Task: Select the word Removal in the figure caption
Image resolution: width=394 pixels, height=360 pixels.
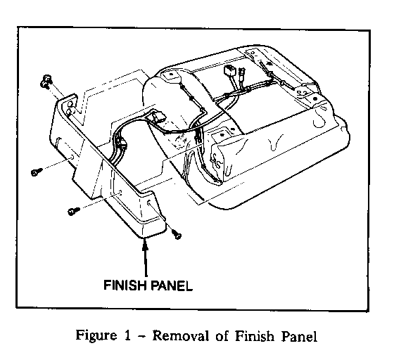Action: point(180,335)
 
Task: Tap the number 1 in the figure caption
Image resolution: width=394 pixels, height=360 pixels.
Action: point(127,335)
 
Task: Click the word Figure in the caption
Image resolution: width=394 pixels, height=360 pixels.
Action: point(96,336)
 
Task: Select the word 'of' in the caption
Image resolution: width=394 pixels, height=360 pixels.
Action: point(222,335)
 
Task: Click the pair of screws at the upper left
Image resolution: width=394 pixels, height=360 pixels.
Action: point(46,81)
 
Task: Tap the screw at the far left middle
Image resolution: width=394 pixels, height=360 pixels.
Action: point(36,172)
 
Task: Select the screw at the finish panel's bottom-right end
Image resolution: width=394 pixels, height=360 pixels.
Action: point(177,235)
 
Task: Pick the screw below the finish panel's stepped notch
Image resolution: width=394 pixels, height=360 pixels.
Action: point(73,211)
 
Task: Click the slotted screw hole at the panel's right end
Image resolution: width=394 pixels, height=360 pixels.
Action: point(148,202)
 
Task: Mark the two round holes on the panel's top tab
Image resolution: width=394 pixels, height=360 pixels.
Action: point(70,107)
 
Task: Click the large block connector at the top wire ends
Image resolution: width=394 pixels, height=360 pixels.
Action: point(230,71)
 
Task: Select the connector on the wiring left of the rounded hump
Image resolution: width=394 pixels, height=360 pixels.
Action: point(158,116)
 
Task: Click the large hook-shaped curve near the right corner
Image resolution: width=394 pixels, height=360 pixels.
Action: point(320,118)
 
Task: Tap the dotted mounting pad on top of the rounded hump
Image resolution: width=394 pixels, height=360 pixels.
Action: point(170,75)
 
